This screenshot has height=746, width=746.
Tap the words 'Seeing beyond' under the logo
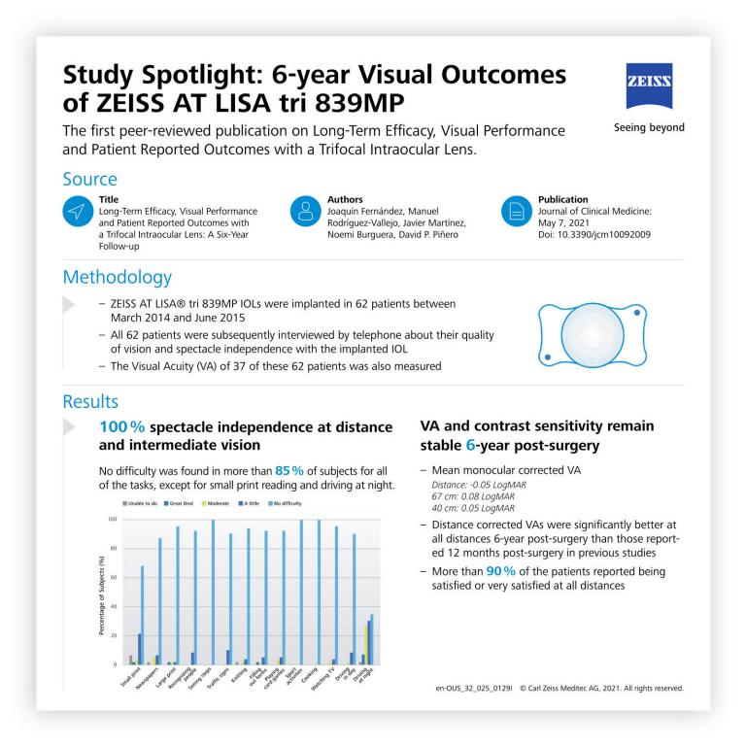click(657, 127)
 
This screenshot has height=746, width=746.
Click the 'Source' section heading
click(90, 180)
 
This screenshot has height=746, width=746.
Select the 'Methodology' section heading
click(118, 278)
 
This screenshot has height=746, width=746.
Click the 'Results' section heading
click(91, 401)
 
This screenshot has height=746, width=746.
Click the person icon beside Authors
click(305, 213)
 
